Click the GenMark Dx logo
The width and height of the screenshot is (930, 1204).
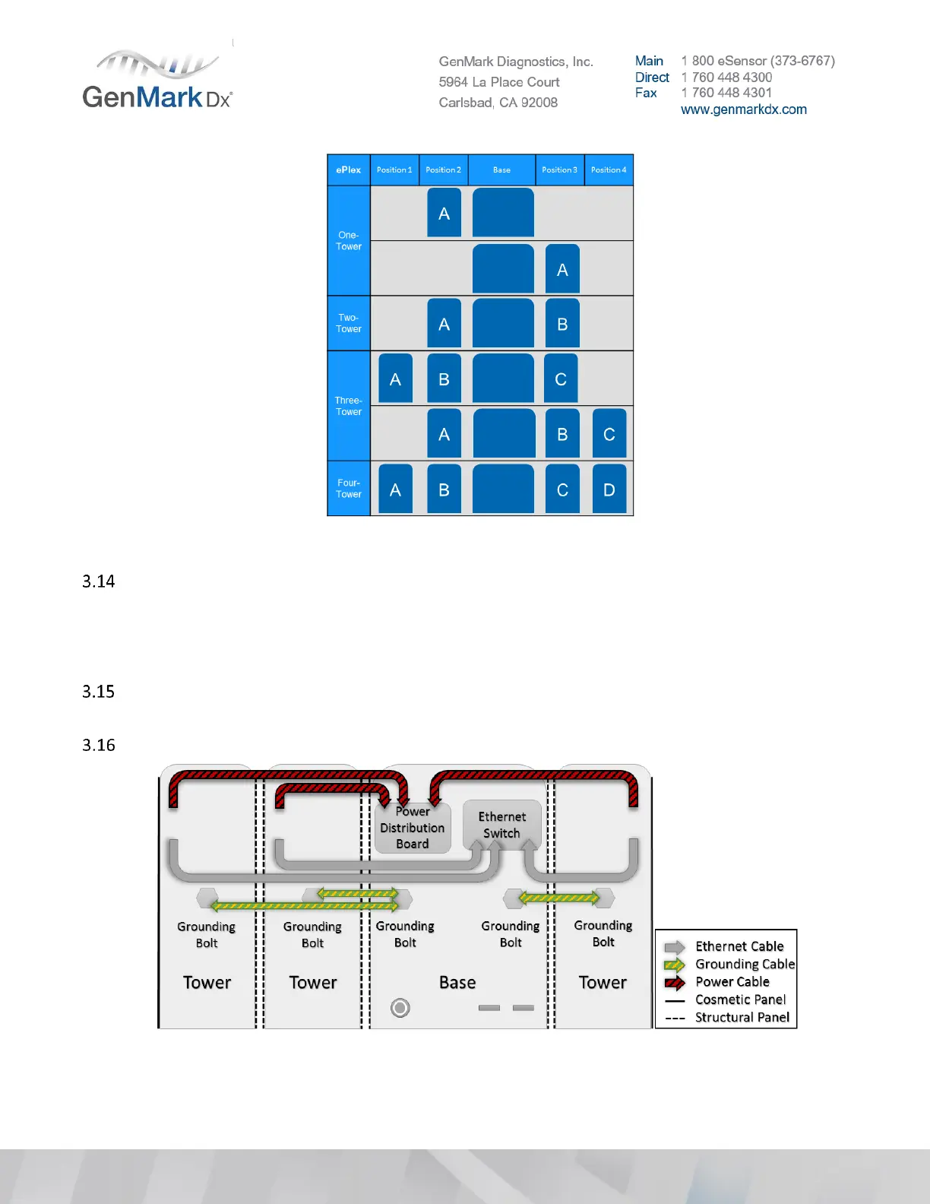157,81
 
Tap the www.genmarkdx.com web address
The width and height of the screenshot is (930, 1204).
743,109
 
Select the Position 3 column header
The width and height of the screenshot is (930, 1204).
559,170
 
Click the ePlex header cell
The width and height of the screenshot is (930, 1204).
349,170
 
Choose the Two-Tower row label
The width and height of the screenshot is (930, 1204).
349,324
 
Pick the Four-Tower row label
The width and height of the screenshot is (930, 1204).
349,489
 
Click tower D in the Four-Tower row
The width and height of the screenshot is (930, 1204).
609,490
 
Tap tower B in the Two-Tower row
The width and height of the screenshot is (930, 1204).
562,324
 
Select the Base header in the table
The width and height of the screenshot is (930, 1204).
501,170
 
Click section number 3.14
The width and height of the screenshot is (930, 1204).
99,581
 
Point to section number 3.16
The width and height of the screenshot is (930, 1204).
99,745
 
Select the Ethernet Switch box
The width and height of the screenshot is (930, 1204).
501,825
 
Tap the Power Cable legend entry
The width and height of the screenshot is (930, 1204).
732,982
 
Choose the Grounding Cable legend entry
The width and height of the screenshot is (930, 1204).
744,965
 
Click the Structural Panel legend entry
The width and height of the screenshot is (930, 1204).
742,1018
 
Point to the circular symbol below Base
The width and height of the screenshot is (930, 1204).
400,1008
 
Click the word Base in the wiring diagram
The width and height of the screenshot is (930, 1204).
457,983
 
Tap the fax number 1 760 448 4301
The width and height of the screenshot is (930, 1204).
732,93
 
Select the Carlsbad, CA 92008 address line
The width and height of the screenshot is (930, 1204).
498,103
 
